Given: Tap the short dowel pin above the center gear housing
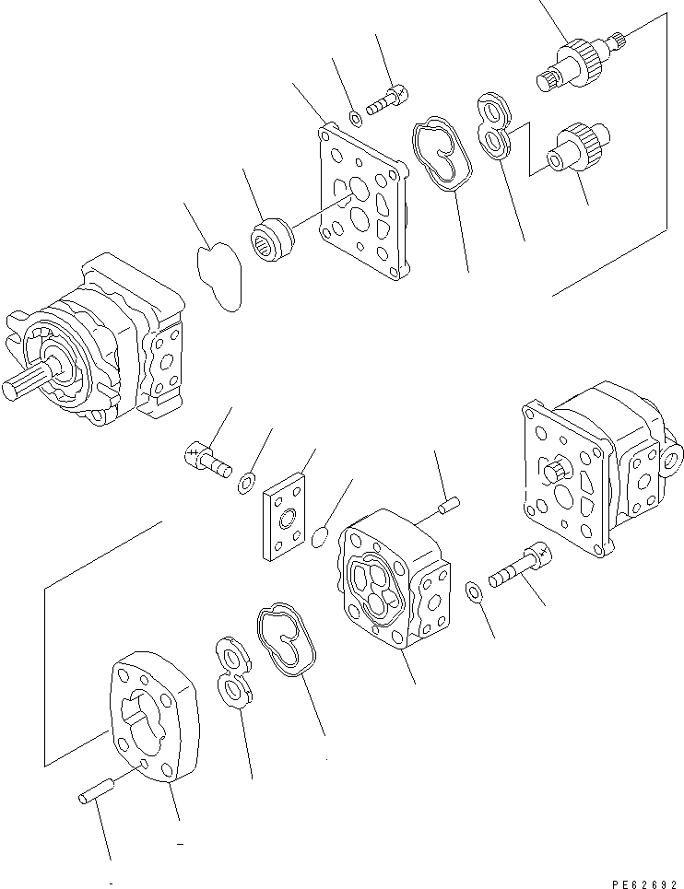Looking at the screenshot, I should point(449,504).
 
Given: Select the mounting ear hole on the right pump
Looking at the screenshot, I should point(671,457).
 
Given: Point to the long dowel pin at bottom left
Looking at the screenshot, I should point(95,791).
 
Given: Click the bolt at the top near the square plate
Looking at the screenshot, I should point(389,99).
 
